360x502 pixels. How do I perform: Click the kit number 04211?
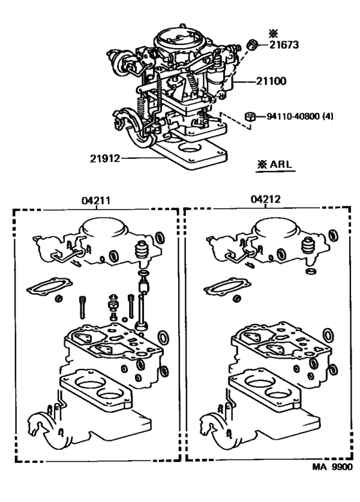[96, 200]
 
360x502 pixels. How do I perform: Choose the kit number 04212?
[265, 200]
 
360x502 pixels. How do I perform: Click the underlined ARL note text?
[274, 165]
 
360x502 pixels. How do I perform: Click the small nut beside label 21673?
[253, 45]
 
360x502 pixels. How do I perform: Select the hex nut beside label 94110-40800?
[252, 117]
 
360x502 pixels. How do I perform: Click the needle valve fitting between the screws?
[114, 303]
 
